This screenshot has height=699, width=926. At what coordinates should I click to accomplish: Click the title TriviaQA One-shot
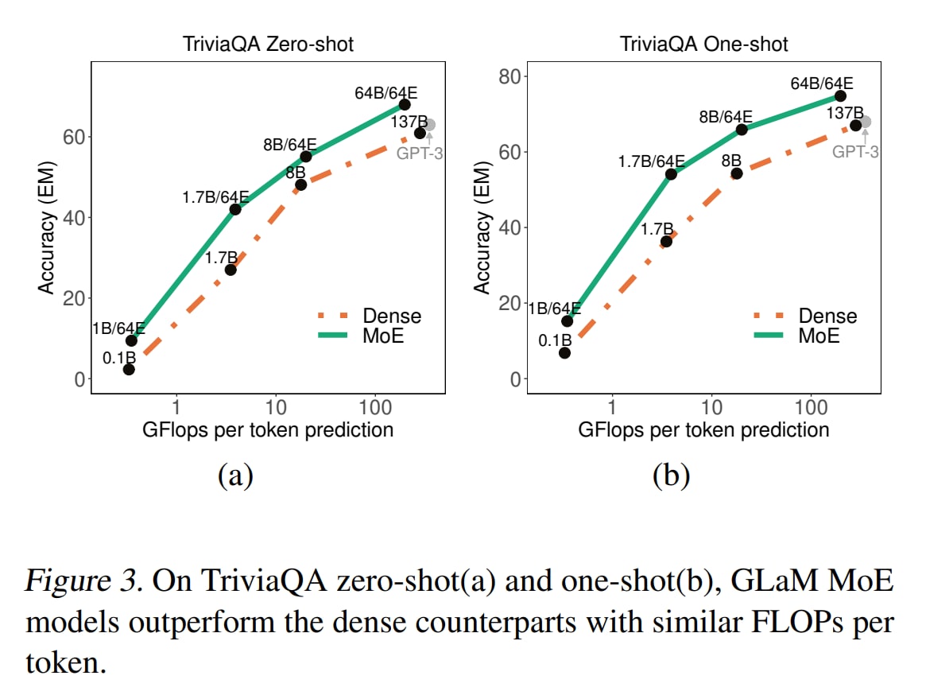coord(704,44)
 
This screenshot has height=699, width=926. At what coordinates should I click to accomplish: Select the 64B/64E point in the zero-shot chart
coord(405,104)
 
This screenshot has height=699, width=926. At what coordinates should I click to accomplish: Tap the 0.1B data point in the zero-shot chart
coord(129,369)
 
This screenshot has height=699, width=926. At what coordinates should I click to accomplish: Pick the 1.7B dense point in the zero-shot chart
coord(231,270)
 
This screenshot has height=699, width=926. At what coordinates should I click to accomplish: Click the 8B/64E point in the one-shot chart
coord(742,129)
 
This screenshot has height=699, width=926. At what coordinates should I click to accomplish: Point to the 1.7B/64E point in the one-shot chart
coord(671,173)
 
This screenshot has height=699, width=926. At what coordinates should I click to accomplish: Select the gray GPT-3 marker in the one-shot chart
coord(865,122)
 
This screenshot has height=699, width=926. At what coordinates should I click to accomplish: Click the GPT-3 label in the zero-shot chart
coord(419,153)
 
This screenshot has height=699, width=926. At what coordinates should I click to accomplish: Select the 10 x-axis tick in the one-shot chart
coord(711,407)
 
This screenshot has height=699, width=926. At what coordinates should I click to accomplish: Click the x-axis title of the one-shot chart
coord(703,430)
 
